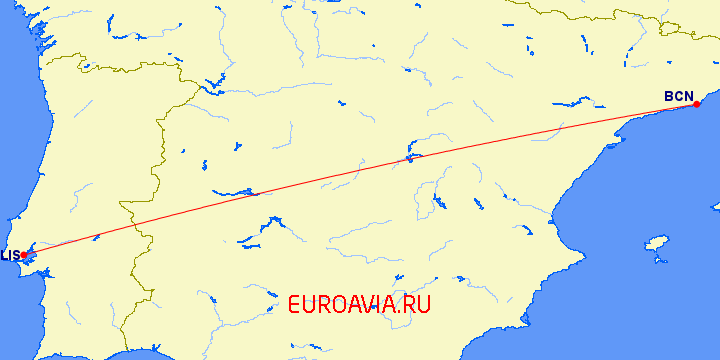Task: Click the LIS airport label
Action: pos(9,255)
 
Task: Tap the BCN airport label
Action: pos(677,96)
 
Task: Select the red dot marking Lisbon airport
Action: pos(24,255)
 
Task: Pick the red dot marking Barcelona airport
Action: pos(696,104)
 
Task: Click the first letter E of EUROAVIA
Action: pos(295,305)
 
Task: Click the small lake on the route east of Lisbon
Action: pos(96,237)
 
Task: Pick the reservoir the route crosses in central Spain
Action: pos(409,158)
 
